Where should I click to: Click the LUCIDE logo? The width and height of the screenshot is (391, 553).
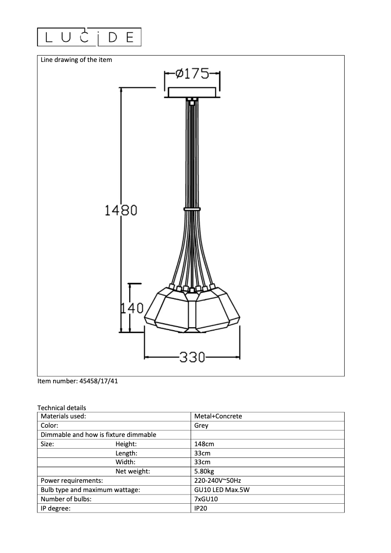point(89,37)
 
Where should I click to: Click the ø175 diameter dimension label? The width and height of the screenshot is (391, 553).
point(192,74)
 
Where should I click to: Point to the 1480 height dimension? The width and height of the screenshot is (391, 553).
point(121,210)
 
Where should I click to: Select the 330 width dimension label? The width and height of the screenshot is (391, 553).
point(192,357)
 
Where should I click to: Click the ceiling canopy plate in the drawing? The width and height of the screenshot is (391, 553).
point(192,92)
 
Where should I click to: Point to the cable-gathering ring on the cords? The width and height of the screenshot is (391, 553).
point(192,210)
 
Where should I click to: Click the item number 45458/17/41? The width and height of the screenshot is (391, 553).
point(78,381)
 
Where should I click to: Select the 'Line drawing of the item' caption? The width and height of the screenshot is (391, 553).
point(76,59)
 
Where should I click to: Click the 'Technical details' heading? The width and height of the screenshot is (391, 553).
point(62,408)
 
